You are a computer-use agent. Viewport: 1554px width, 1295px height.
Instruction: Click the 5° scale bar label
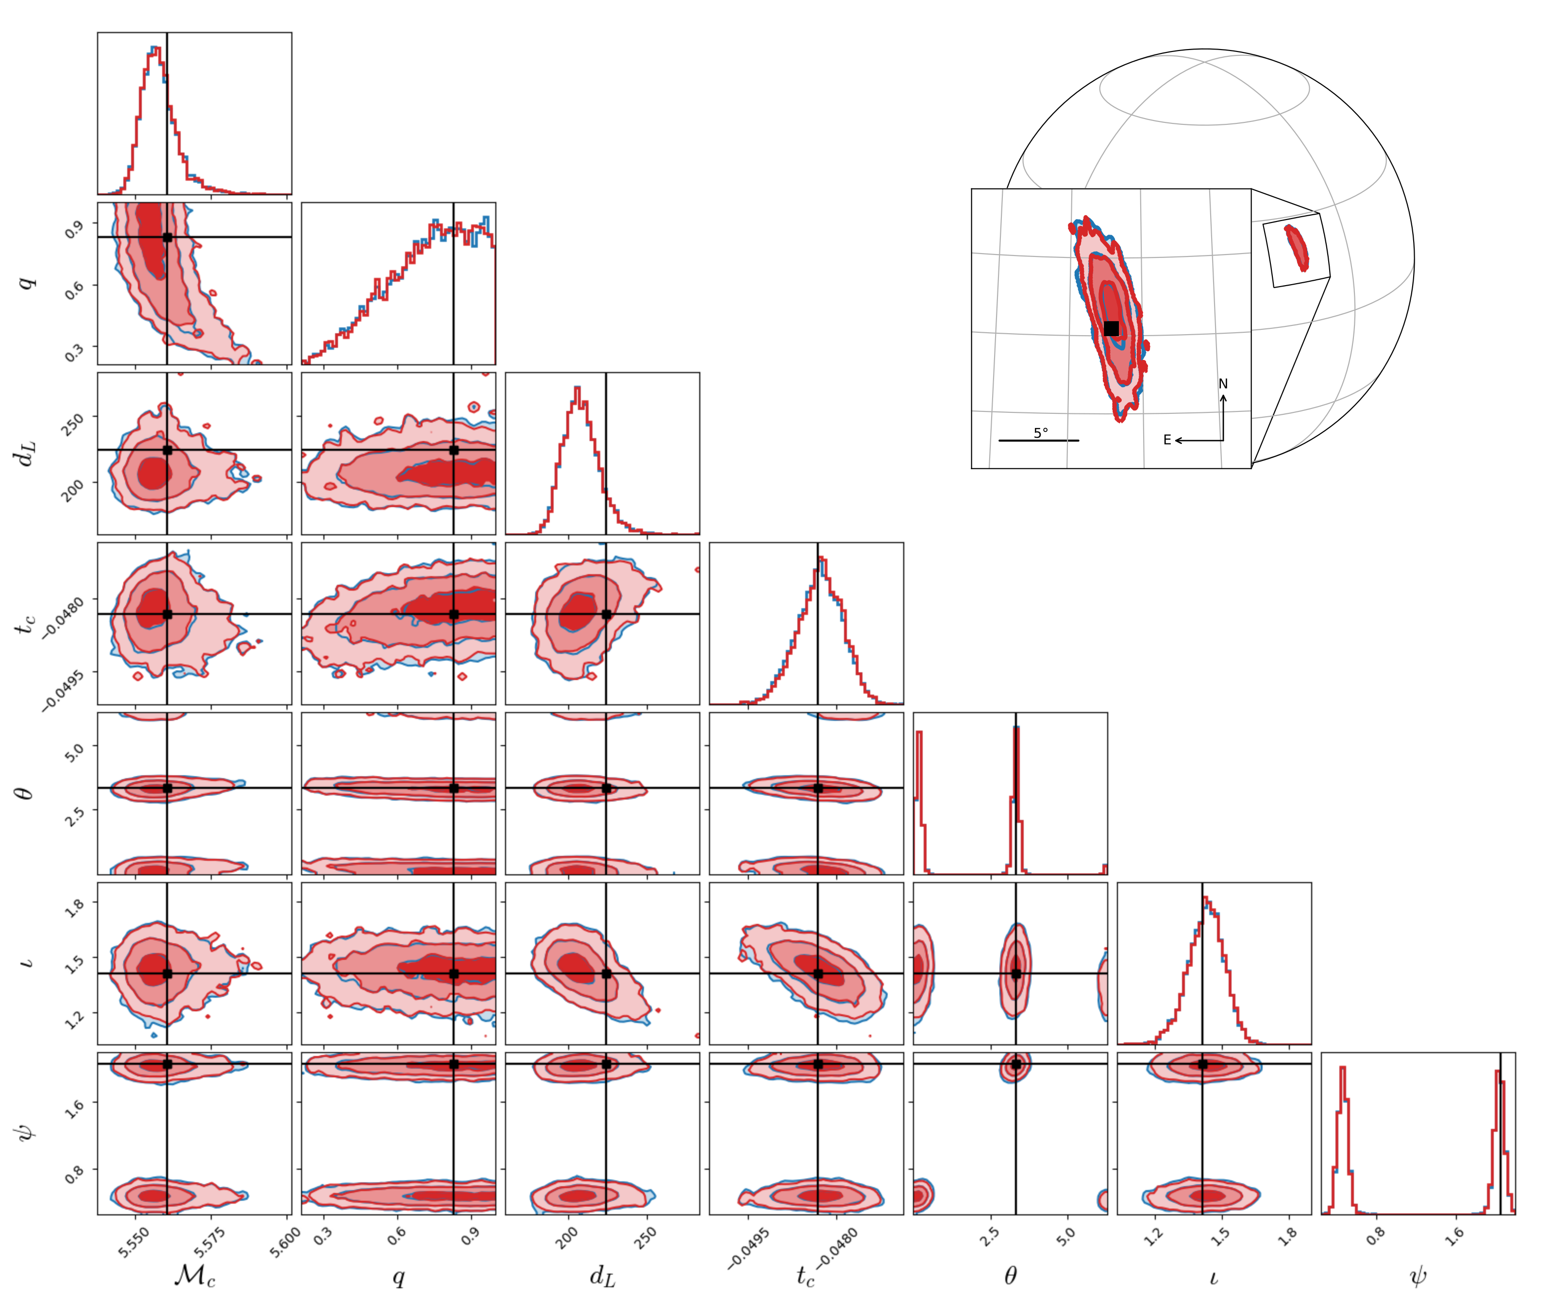(x=1040, y=433)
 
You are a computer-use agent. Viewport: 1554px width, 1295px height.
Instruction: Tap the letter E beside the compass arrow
(x=1167, y=440)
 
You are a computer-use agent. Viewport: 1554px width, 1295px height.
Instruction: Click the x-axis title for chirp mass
(x=195, y=1274)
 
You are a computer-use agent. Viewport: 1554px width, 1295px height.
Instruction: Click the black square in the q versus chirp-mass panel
(x=167, y=237)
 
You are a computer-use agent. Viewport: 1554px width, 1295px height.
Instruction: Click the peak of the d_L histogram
(x=577, y=388)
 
